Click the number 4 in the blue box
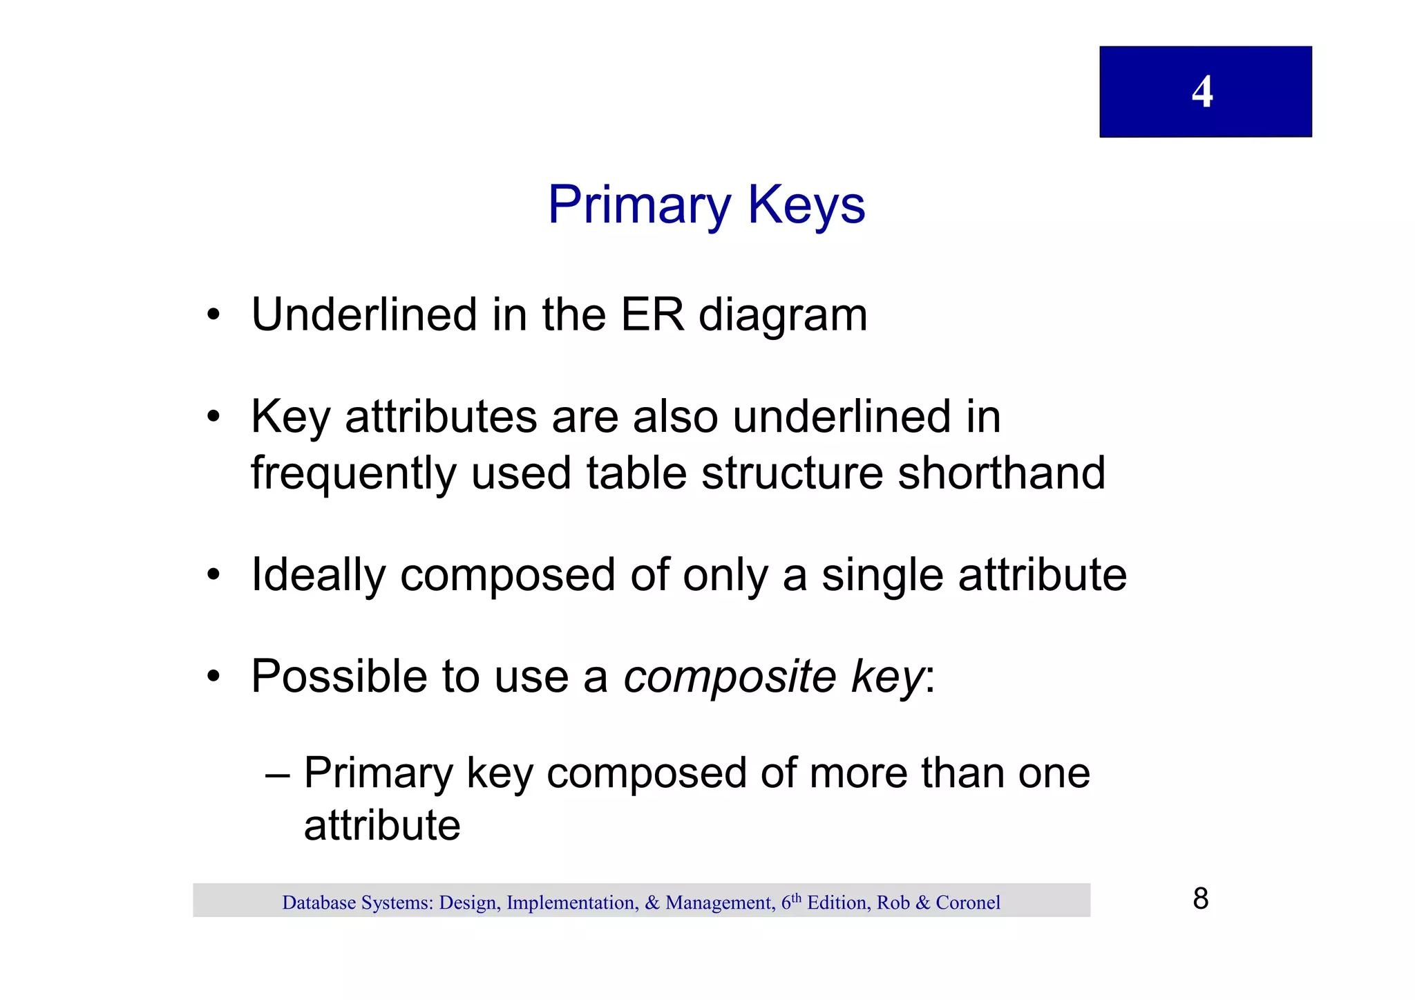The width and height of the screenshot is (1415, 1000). point(1202,92)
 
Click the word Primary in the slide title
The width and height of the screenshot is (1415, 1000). point(639,205)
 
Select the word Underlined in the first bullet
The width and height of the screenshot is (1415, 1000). point(364,315)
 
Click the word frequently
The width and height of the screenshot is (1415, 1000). point(353,475)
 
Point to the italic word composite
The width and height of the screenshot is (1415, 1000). point(730,677)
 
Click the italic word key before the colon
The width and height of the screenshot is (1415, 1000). point(887,677)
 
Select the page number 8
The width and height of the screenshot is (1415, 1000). point(1201,899)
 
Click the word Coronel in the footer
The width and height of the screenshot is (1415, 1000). point(967,903)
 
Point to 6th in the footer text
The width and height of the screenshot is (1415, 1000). point(791,901)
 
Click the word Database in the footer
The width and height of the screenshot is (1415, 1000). point(319,903)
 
